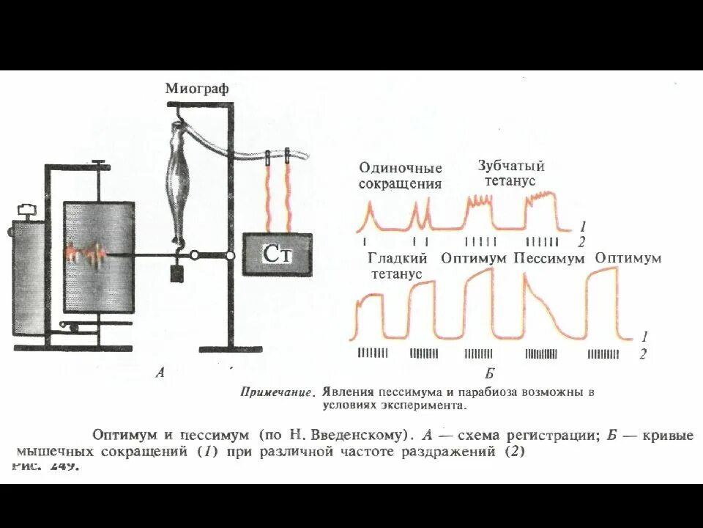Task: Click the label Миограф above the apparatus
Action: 196,89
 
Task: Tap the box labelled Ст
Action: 278,254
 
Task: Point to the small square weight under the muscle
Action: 177,273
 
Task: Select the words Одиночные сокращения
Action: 400,176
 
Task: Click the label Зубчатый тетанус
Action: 511,173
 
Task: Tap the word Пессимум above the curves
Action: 549,258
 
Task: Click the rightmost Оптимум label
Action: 628,258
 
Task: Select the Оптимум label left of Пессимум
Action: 474,258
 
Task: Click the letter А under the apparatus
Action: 160,373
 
